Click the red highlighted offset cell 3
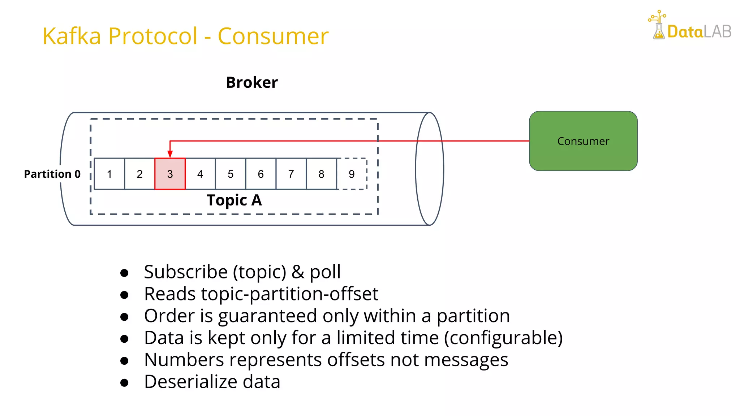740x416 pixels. (170, 174)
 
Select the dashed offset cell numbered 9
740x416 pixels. (352, 174)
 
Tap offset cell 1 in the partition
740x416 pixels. (109, 174)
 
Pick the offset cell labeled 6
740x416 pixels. (261, 174)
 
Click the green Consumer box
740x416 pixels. (583, 141)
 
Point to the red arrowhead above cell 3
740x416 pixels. (170, 154)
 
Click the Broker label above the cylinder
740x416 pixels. (252, 82)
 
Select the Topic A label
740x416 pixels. (234, 200)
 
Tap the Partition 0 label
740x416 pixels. (52, 174)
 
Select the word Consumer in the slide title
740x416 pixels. (273, 36)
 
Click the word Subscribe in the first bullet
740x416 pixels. (185, 272)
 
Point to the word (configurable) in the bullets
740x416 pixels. (503, 338)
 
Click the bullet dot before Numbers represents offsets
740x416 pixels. (124, 360)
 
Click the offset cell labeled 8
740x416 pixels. (321, 174)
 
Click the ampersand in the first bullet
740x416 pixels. (298, 272)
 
